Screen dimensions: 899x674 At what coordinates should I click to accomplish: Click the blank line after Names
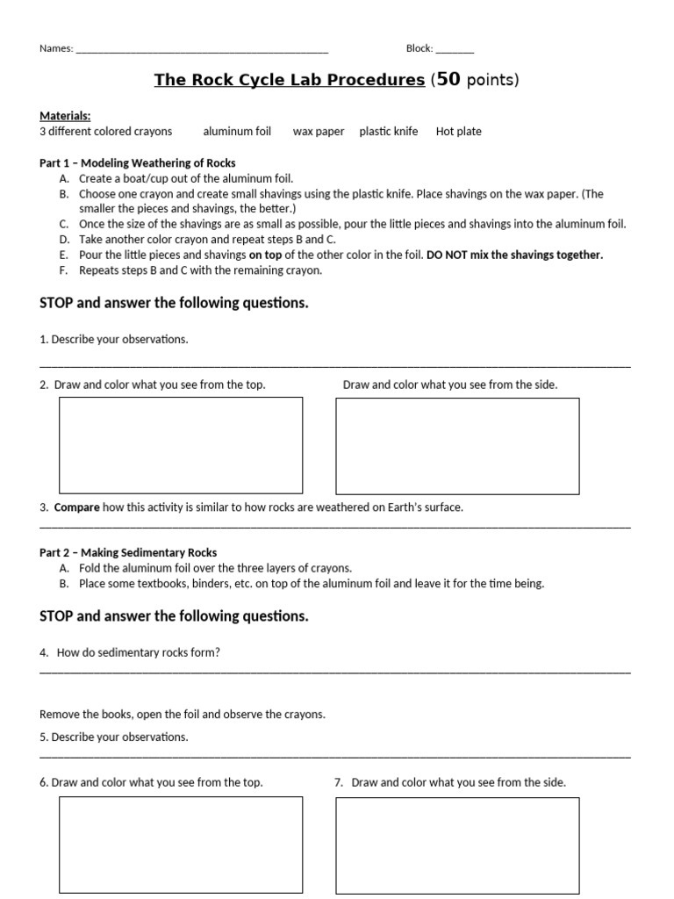[202, 50]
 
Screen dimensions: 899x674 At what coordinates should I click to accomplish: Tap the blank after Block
[455, 50]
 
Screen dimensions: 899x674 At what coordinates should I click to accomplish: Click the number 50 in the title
[448, 80]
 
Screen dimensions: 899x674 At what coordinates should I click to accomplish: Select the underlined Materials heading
[65, 116]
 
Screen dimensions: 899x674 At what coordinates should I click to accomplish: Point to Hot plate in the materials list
[458, 132]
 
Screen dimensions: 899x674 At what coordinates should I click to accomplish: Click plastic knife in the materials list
[389, 132]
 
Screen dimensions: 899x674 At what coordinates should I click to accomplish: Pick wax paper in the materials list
[319, 132]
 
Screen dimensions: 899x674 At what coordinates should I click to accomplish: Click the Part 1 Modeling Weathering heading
[138, 163]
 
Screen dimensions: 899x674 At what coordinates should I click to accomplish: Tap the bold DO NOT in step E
[448, 255]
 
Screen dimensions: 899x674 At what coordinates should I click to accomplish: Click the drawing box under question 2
[181, 445]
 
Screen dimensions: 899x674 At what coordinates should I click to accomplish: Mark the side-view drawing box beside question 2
[457, 445]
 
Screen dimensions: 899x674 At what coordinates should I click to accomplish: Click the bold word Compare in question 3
[77, 507]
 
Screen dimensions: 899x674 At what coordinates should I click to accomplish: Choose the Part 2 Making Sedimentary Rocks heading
[128, 553]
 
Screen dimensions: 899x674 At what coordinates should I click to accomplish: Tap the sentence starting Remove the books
[183, 715]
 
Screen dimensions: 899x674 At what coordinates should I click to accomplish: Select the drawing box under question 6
[181, 843]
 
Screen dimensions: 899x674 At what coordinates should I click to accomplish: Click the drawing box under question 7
[457, 843]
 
